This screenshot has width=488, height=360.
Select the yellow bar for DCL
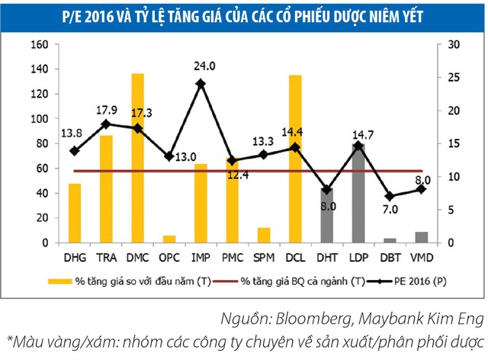click(295, 159)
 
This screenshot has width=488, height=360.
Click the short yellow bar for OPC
click(169, 239)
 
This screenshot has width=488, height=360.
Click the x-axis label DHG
click(74, 257)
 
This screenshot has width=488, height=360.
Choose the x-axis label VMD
click(421, 257)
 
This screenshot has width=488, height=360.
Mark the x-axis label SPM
click(263, 257)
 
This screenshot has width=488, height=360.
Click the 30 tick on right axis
click(453, 44)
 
